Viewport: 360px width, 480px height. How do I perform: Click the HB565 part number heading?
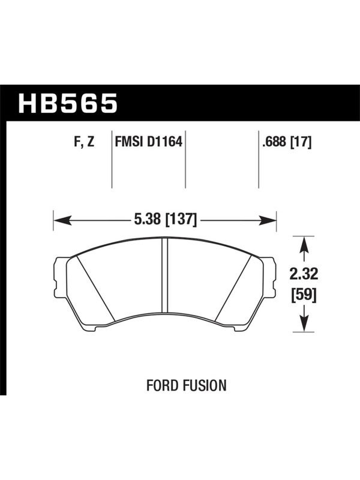[x=68, y=103]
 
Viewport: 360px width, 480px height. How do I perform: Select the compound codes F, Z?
[x=84, y=142]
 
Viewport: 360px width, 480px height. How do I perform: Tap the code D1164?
[x=164, y=142]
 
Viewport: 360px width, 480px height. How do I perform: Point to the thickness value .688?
[x=274, y=142]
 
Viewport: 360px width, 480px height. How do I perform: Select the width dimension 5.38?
[x=148, y=219]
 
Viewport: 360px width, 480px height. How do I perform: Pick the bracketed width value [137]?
[x=181, y=220]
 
